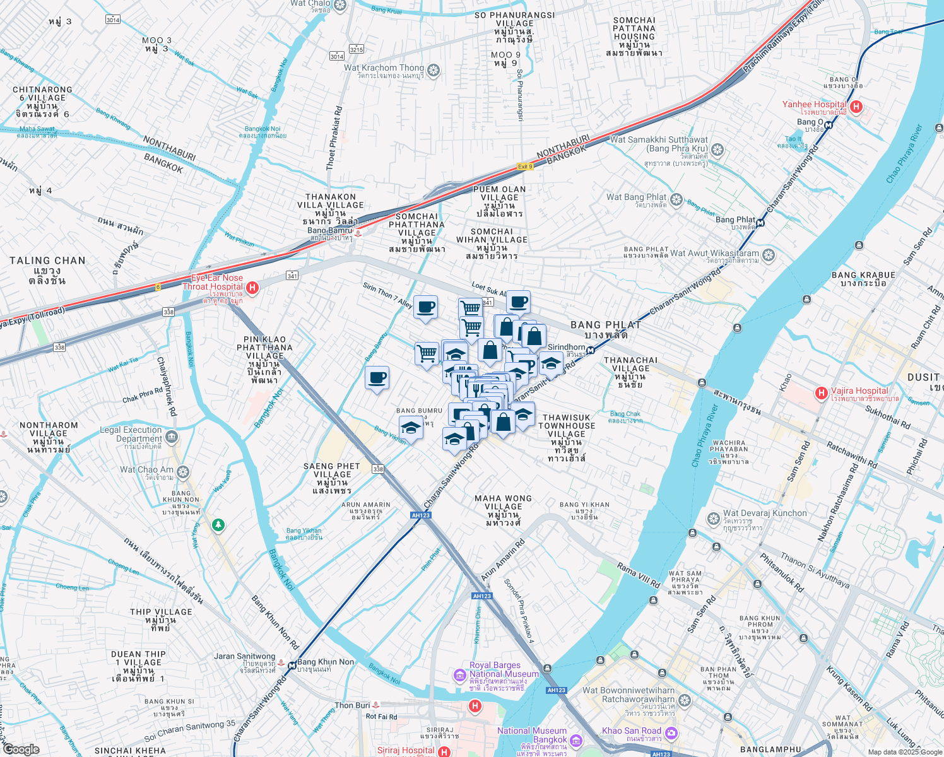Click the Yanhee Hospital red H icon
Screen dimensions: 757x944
[856, 107]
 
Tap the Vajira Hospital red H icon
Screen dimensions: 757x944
[821, 394]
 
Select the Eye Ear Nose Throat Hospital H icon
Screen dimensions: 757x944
[252, 288]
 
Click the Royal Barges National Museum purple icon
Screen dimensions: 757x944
[460, 676]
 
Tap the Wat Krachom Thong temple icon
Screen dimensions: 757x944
[434, 70]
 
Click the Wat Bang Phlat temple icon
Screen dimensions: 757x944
[676, 200]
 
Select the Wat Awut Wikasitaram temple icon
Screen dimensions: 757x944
[769, 255]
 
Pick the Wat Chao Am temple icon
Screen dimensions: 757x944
[183, 471]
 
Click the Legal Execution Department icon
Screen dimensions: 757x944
[171, 437]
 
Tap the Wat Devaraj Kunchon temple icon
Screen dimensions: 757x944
[714, 519]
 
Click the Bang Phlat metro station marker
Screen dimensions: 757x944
[761, 222]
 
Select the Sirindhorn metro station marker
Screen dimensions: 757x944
[591, 350]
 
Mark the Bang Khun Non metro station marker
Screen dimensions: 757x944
[292, 665]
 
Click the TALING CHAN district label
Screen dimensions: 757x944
[47, 261]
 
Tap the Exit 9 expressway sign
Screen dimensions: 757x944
[525, 167]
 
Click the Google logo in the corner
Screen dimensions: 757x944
[21, 749]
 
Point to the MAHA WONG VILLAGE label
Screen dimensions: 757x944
[503, 502]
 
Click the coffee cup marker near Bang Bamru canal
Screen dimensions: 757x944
[377, 378]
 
